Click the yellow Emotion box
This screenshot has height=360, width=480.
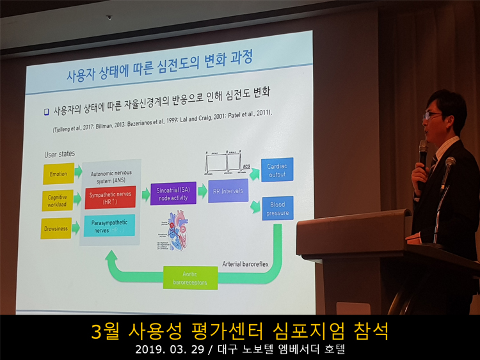(58, 173)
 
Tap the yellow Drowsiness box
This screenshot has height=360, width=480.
(56, 228)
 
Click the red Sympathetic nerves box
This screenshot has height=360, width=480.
(109, 198)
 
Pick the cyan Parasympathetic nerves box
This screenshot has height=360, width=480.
(109, 225)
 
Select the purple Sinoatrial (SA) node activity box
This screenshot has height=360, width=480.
(173, 193)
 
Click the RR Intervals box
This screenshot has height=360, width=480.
(228, 190)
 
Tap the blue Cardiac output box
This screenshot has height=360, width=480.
(276, 169)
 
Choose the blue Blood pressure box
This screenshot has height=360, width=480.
(277, 208)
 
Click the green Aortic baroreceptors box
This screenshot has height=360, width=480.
(190, 278)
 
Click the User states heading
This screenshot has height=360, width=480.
(59, 154)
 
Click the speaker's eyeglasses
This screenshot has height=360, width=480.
(433, 115)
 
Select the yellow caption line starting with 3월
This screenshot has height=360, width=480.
(240, 331)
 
